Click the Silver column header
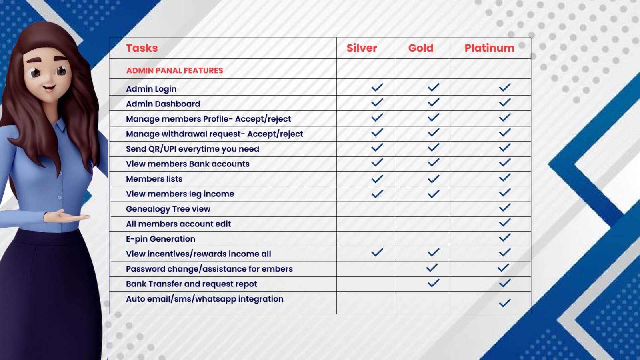[x=362, y=48]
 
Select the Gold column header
[x=420, y=48]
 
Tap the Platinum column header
[x=490, y=48]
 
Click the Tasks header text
[x=142, y=48]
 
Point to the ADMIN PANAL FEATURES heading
[x=174, y=70]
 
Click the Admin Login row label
[x=151, y=89]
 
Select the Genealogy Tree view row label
[x=168, y=209]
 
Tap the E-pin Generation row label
[x=160, y=239]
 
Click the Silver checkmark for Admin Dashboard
[x=377, y=102]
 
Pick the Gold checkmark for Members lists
[x=434, y=179]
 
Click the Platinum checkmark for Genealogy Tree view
[x=505, y=207]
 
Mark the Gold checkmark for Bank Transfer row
[x=434, y=283]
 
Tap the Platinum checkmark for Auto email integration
[x=505, y=303]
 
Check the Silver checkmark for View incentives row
[x=377, y=252]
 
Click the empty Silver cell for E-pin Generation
[x=365, y=239]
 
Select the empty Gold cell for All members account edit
[x=422, y=224]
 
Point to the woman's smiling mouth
[x=49, y=88]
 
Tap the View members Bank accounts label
[x=188, y=164]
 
